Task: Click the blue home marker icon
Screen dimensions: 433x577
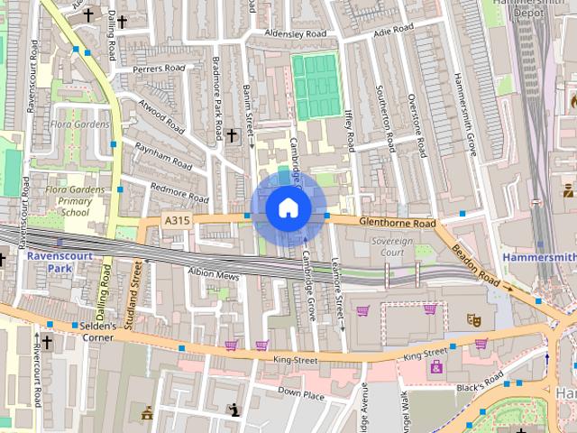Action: click(x=288, y=208)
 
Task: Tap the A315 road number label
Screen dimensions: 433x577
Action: click(x=177, y=219)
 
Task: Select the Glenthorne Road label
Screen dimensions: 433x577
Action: click(x=397, y=223)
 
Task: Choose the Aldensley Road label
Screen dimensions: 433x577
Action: click(x=295, y=34)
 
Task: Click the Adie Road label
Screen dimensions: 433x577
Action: click(x=393, y=30)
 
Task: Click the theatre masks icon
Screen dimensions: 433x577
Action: click(x=472, y=319)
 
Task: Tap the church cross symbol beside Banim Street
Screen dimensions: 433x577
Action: click(x=232, y=134)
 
